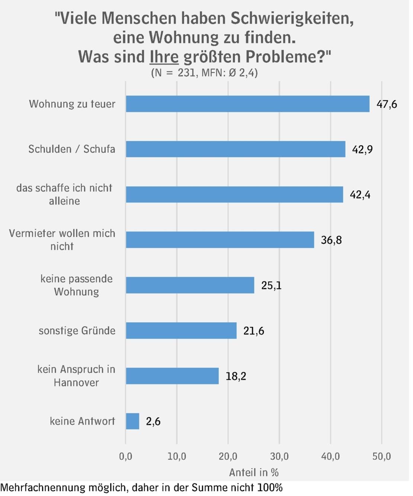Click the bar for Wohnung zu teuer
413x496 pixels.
point(247,104)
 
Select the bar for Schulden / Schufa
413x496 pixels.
point(235,149)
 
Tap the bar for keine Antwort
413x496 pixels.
point(132,421)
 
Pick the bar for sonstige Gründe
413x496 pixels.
point(181,331)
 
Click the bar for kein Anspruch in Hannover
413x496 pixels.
point(172,376)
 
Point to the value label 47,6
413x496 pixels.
point(387,104)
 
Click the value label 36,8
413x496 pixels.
point(331,240)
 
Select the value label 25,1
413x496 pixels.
point(271,286)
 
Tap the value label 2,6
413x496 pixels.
point(153,421)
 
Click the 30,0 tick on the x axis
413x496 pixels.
point(279,456)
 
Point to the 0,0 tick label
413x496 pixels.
point(125,456)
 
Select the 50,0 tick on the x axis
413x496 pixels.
point(381,456)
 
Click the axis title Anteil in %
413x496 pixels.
point(254,473)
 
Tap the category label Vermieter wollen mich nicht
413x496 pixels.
point(62,240)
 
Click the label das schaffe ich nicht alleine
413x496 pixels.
point(64,194)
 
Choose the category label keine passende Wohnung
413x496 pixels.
point(76,285)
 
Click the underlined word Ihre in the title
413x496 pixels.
point(164,57)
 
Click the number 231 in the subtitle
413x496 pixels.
point(186,73)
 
